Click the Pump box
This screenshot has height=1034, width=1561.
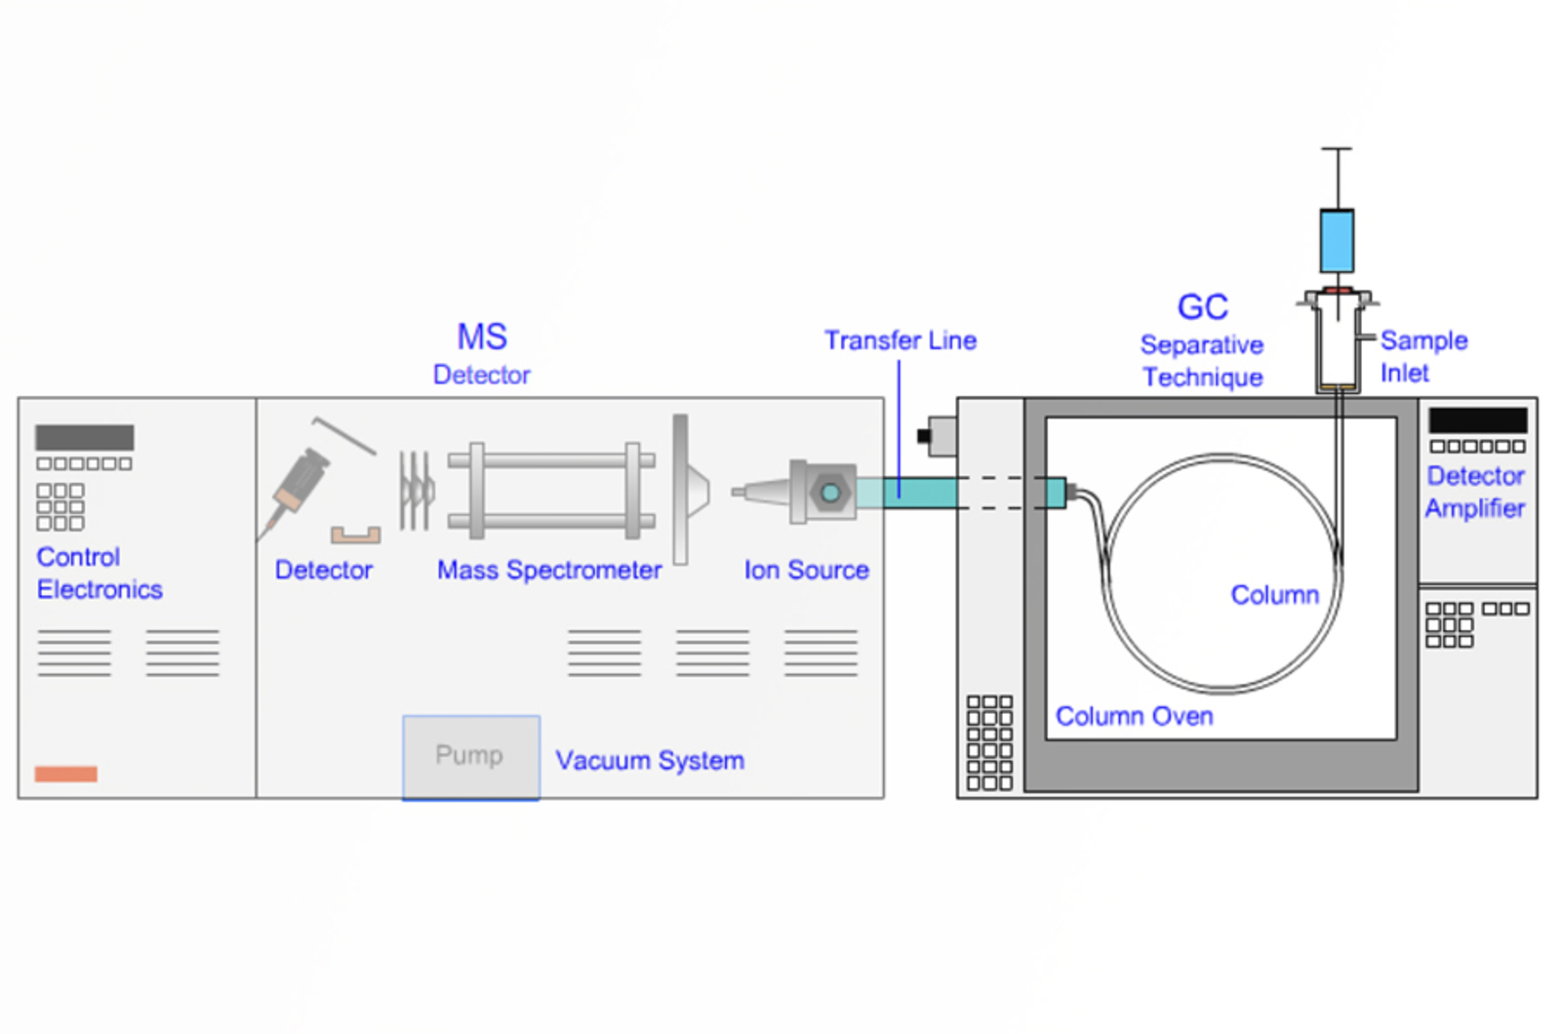(471, 757)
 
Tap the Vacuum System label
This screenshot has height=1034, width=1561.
(650, 761)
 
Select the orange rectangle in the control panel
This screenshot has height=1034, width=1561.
(66, 775)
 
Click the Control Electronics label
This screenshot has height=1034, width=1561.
(99, 574)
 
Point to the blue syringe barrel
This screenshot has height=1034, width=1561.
(1337, 240)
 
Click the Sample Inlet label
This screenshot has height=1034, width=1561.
(1422, 357)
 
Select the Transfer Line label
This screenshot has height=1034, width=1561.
(900, 340)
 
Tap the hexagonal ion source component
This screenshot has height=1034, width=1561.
(829, 492)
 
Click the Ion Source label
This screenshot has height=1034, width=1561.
(806, 571)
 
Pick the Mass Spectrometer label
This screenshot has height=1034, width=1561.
(549, 571)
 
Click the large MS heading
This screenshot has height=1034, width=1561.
(482, 338)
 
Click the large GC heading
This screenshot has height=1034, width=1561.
(1202, 307)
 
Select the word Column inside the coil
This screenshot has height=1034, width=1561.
(1274, 595)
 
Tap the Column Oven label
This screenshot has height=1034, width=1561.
(1134, 717)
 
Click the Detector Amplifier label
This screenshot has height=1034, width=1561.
(1475, 493)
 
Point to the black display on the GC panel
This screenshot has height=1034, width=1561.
(1477, 420)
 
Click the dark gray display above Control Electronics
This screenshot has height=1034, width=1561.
(85, 437)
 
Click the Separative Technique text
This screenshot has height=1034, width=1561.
(1202, 362)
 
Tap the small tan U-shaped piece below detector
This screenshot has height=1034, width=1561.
(355, 535)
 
